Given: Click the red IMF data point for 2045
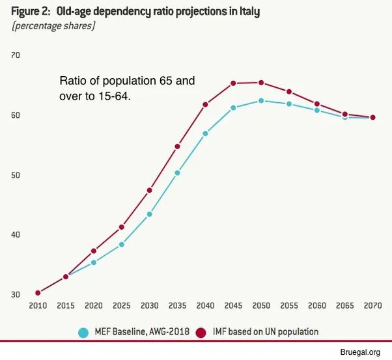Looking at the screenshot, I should click(x=233, y=83).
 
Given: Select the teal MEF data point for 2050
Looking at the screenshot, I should click(x=261, y=101).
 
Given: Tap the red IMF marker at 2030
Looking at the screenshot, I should click(x=150, y=190).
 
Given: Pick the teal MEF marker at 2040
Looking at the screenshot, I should click(x=205, y=133).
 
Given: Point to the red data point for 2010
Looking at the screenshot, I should click(x=38, y=293).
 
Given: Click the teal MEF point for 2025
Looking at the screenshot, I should click(x=122, y=245).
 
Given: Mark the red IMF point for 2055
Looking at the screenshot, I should click(x=289, y=92).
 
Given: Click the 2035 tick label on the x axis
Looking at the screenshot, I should click(x=177, y=305).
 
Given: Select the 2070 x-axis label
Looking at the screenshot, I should click(x=372, y=305).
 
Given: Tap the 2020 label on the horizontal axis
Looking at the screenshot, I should click(x=94, y=305).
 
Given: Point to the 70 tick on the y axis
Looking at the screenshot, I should click(x=16, y=55).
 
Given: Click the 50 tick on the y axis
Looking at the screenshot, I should click(x=16, y=175).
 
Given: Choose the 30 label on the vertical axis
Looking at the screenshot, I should click(x=16, y=295).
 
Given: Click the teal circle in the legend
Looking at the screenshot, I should click(x=83, y=332).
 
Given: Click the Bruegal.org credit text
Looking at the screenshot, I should click(x=360, y=352).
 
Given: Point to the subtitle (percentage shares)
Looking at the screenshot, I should click(x=53, y=26).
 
